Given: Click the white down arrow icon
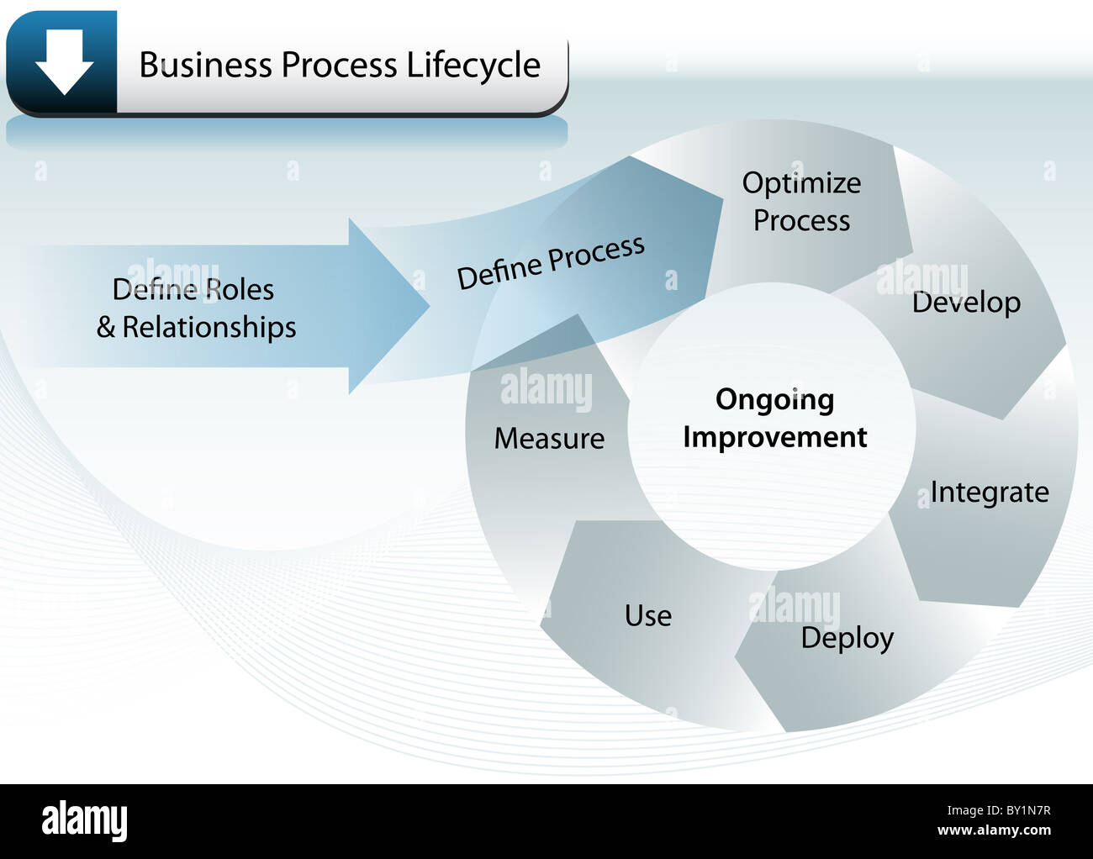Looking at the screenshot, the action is (65, 62).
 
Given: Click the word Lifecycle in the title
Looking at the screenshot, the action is (473, 66).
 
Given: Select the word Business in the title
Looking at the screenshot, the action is (206, 65).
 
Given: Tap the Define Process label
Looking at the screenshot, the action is (551, 262).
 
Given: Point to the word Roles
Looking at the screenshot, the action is (240, 289).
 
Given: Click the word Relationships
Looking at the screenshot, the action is (209, 328).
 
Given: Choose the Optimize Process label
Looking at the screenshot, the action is (801, 202).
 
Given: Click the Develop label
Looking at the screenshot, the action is (966, 303).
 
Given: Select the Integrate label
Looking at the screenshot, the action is (990, 492).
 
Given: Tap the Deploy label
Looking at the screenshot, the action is (847, 638).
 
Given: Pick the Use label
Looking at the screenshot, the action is (648, 615).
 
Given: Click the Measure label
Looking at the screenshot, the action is (550, 438).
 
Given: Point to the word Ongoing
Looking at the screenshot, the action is (775, 401).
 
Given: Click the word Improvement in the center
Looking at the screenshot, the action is (775, 437).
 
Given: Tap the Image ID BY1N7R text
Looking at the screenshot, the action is (999, 810).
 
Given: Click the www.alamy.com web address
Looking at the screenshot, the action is (994, 830).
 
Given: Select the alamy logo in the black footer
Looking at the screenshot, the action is (84, 820).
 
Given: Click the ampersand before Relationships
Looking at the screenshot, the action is (106, 327).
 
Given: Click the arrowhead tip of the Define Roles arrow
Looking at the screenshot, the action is (430, 306).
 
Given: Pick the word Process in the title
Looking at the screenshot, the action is (339, 65).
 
